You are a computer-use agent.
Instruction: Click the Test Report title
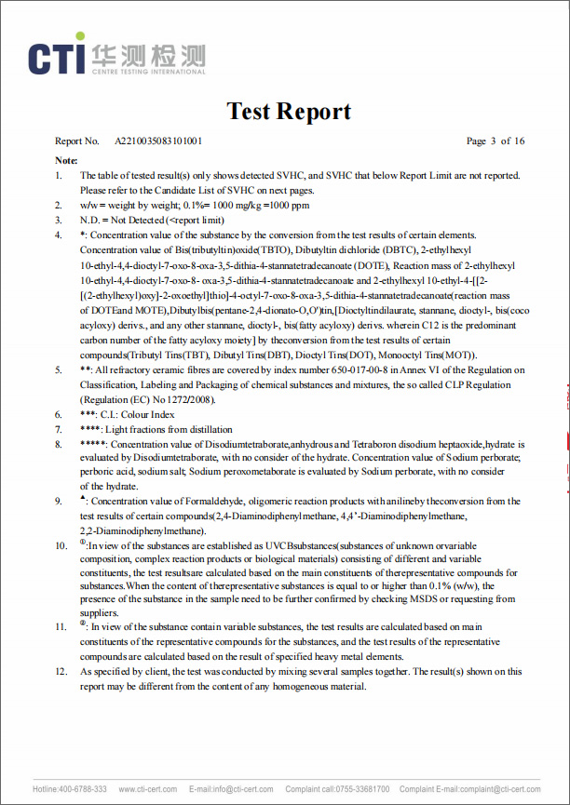coord(289,112)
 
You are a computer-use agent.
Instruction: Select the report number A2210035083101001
coord(158,141)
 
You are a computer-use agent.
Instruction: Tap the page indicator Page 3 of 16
coord(495,141)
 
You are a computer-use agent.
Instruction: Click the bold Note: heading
coord(66,160)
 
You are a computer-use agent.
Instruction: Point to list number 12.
coord(62,671)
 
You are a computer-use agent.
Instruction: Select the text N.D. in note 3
coord(90,220)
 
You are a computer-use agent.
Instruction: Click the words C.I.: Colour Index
coord(138,414)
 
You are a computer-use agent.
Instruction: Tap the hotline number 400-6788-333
coord(83,789)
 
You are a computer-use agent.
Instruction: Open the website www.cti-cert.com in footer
coord(147,789)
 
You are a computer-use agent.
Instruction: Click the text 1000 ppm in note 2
coord(290,205)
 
